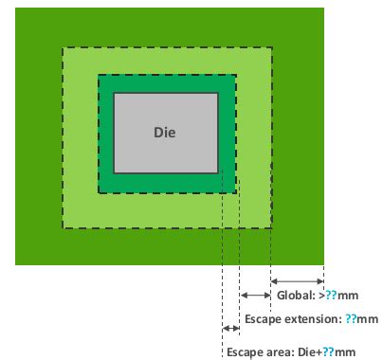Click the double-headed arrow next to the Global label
[298, 280]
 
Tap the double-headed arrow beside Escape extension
[255, 297]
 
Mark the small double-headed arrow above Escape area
[230, 329]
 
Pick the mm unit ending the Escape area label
[343, 351]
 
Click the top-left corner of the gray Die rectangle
[114, 93]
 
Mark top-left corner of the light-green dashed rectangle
[63, 47]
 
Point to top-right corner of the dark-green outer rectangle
[323, 9]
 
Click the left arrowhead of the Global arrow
[275, 280]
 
